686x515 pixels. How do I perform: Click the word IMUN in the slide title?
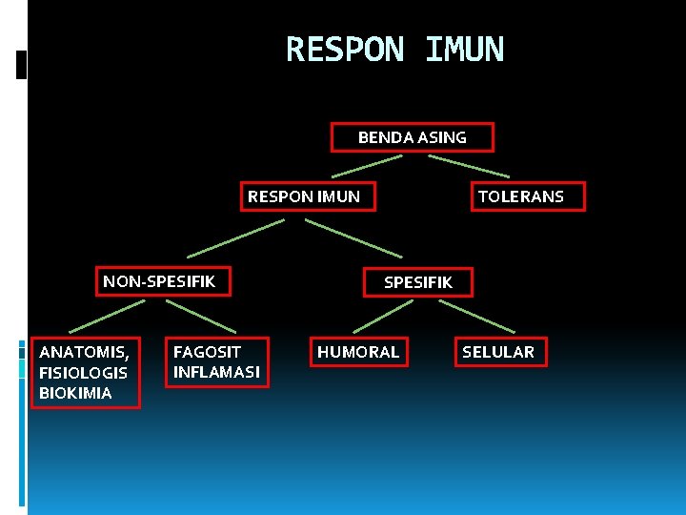464,50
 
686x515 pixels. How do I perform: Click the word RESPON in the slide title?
345,50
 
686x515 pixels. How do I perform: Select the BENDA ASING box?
412,137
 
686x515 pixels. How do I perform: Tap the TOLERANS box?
520,196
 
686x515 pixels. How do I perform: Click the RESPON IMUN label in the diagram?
304,196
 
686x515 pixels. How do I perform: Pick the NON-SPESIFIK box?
159,281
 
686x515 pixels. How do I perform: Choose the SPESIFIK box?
417,281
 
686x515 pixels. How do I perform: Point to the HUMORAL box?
358,352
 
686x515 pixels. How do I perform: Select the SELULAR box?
498,352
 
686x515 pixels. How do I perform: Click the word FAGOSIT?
207,352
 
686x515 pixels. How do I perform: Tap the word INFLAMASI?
216,372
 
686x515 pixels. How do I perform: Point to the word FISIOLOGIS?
83,372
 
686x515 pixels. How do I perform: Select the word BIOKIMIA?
75,393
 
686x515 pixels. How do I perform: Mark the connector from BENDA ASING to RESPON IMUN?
367,166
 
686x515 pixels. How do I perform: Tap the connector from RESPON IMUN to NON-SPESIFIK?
235,237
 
